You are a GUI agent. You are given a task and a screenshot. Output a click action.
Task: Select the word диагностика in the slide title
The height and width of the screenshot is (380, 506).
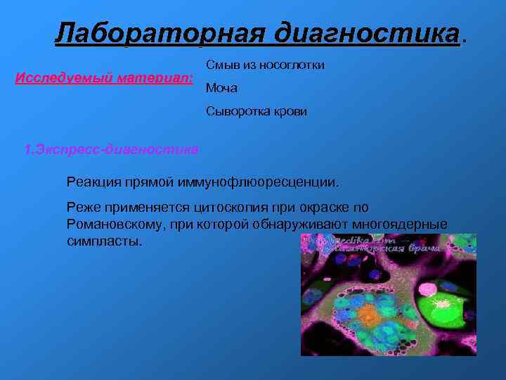(x=365, y=32)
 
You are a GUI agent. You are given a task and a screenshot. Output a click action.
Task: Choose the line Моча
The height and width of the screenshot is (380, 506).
(x=221, y=88)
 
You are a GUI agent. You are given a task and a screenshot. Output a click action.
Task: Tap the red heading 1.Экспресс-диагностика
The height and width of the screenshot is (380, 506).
(x=111, y=150)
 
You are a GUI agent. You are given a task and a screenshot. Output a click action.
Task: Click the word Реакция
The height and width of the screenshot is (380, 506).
(x=91, y=182)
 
